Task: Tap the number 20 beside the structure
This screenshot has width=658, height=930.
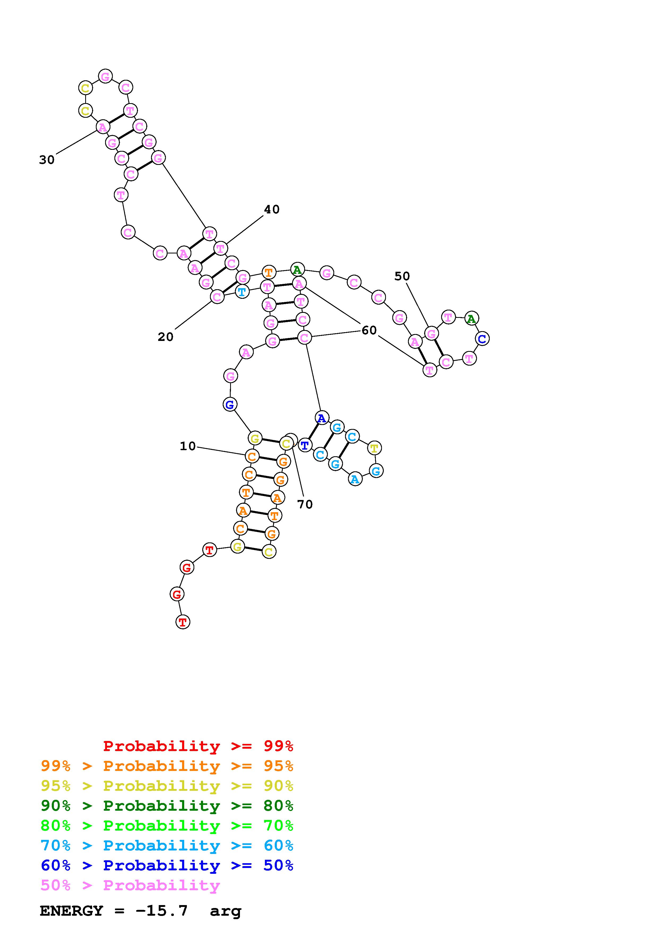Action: click(x=165, y=337)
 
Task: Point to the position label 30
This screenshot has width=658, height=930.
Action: click(x=47, y=160)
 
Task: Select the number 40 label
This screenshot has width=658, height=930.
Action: click(x=272, y=209)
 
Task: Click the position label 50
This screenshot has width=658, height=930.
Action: click(x=402, y=276)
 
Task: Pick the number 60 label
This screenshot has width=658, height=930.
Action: click(x=369, y=331)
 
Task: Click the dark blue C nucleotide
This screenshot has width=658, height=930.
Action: click(x=482, y=338)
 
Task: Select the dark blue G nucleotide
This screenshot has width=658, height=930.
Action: click(x=230, y=404)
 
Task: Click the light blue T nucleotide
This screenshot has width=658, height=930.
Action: click(x=242, y=291)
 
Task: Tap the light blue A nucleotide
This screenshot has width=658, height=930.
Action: click(x=355, y=479)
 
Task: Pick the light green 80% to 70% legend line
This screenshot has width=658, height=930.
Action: click(x=167, y=826)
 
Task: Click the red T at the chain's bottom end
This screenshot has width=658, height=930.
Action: click(x=183, y=622)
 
